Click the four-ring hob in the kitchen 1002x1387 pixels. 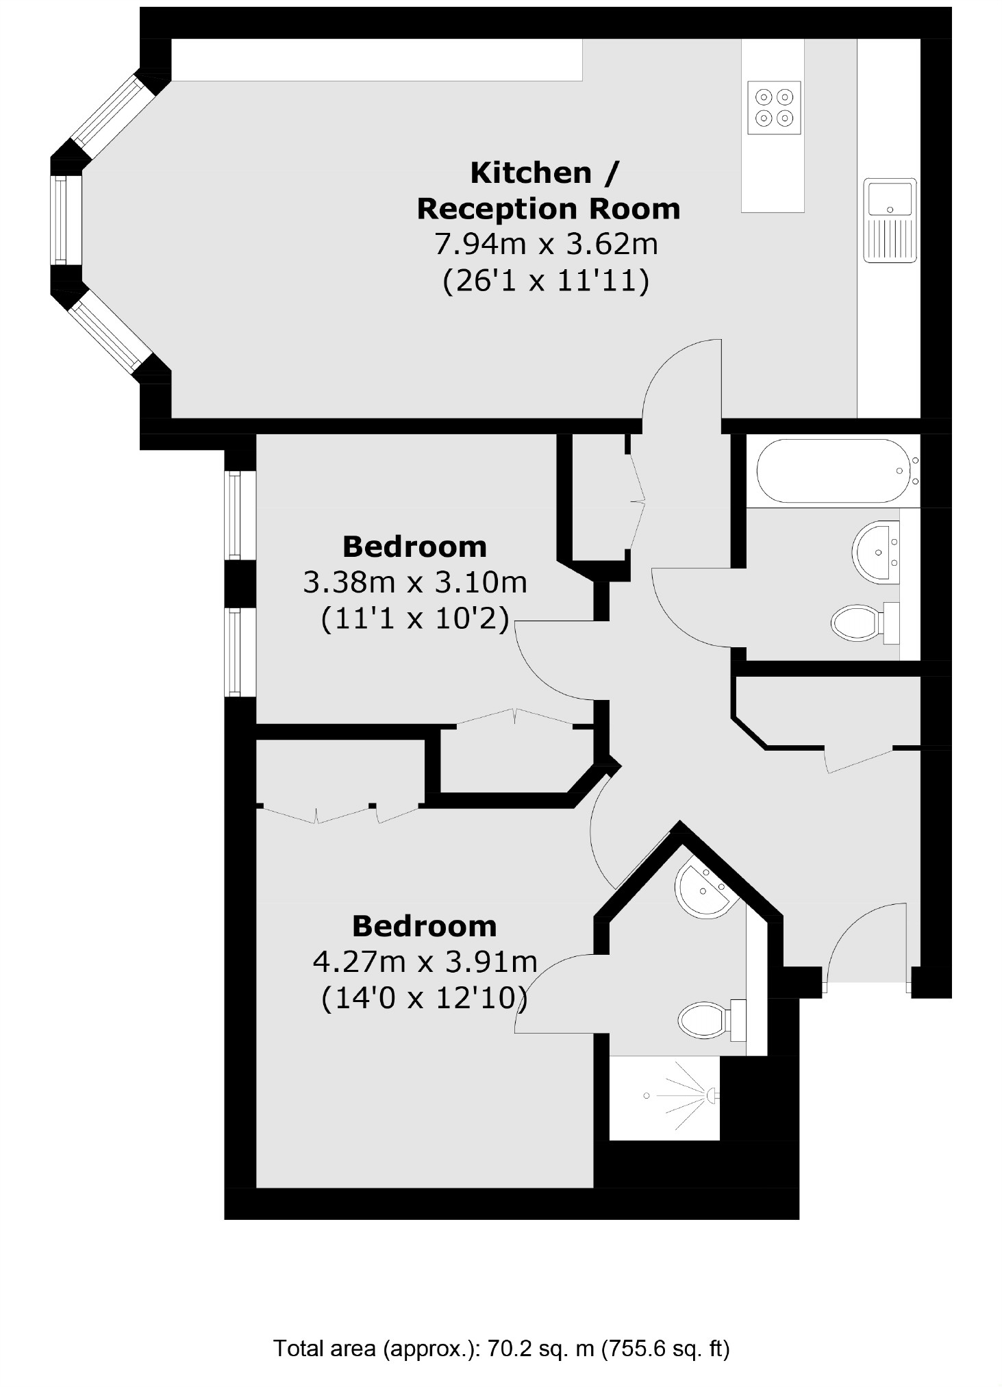pos(774,108)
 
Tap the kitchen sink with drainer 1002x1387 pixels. pos(890,220)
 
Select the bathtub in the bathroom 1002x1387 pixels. pos(833,471)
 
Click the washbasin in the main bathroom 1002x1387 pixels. pos(876,552)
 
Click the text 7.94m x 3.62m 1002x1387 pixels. pos(547,245)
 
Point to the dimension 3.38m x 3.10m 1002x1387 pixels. pos(415,583)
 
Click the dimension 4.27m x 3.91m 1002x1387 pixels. pos(425,962)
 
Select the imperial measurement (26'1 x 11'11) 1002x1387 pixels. pos(547,281)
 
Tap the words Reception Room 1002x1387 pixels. pos(549,209)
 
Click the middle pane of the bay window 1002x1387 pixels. pos(60,220)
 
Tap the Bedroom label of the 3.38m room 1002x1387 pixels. pos(414,547)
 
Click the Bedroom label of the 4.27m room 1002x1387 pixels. pos(424,926)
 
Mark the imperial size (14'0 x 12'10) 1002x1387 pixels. pos(425,997)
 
